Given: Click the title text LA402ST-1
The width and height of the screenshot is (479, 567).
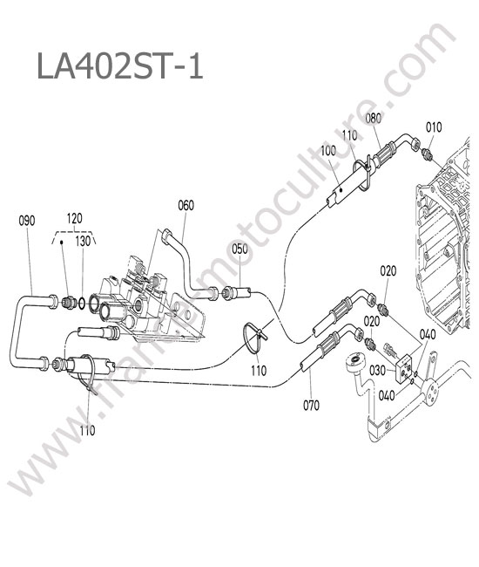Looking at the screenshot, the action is pyautogui.click(x=120, y=66).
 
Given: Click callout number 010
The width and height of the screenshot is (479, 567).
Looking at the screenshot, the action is pyautogui.click(x=434, y=127).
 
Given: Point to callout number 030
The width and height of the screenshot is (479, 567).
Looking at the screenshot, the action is pyautogui.click(x=377, y=370).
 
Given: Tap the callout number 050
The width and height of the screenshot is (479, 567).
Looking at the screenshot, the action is pyautogui.click(x=239, y=249).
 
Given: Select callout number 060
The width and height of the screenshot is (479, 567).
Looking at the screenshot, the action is pyautogui.click(x=186, y=205).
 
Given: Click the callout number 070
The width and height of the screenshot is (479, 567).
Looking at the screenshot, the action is pyautogui.click(x=311, y=406).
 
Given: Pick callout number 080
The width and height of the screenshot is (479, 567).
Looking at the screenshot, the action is pyautogui.click(x=374, y=119).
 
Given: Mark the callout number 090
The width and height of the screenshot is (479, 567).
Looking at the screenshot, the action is pyautogui.click(x=27, y=220).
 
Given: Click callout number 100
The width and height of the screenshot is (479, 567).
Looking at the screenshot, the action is pyautogui.click(x=328, y=150).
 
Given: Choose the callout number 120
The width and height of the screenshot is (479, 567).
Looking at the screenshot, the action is pyautogui.click(x=74, y=218).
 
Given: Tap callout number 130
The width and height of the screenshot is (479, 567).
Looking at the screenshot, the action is pyautogui.click(x=83, y=242).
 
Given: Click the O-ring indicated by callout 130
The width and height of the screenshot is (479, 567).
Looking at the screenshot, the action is pyautogui.click(x=82, y=304).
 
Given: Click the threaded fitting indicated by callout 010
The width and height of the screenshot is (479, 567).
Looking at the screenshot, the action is pyautogui.click(x=427, y=154).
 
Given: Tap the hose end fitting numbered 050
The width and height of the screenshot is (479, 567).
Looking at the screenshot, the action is pyautogui.click(x=237, y=291).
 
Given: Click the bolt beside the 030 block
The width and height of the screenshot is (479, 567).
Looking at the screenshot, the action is pyautogui.click(x=391, y=349).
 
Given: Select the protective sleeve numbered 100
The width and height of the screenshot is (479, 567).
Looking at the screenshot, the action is pyautogui.click(x=347, y=188).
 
